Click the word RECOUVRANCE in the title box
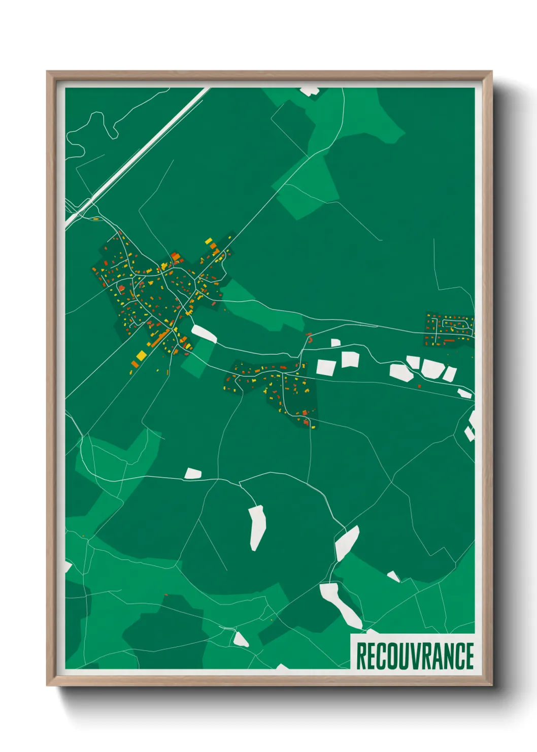(x=415, y=655)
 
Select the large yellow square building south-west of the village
(x=141, y=355)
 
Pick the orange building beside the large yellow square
(x=135, y=363)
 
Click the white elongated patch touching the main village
(x=204, y=334)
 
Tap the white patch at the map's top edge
(x=309, y=91)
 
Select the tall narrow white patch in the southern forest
(x=257, y=527)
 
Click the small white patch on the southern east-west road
(x=193, y=474)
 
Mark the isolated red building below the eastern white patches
(x=419, y=386)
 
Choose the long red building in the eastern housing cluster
(x=449, y=340)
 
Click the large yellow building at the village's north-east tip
(x=208, y=241)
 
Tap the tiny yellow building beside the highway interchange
(x=95, y=219)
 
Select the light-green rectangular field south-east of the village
(x=197, y=357)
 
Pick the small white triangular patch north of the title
(x=393, y=576)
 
